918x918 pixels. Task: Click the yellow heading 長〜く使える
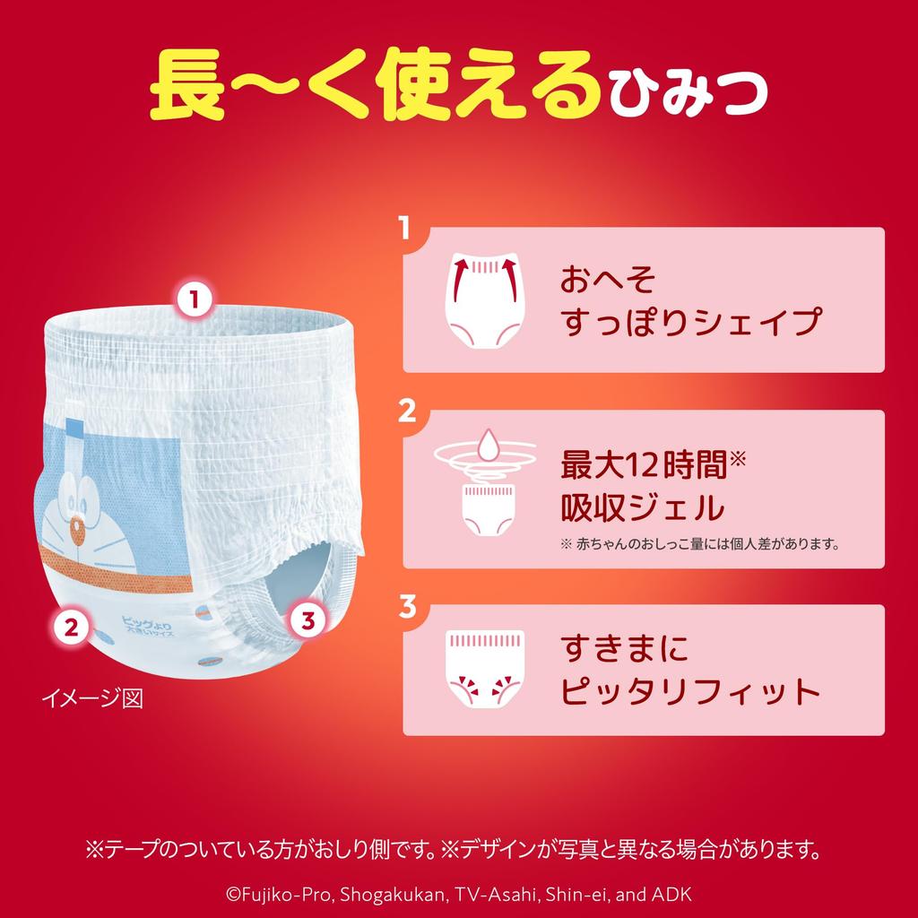[373, 87]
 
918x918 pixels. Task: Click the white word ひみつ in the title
[688, 92]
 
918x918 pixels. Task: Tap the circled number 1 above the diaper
[194, 298]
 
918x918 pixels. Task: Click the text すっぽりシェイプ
[690, 322]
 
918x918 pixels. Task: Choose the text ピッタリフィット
[690, 691]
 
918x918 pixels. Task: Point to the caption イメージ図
[92, 696]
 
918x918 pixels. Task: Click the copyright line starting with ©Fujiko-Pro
[458, 894]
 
